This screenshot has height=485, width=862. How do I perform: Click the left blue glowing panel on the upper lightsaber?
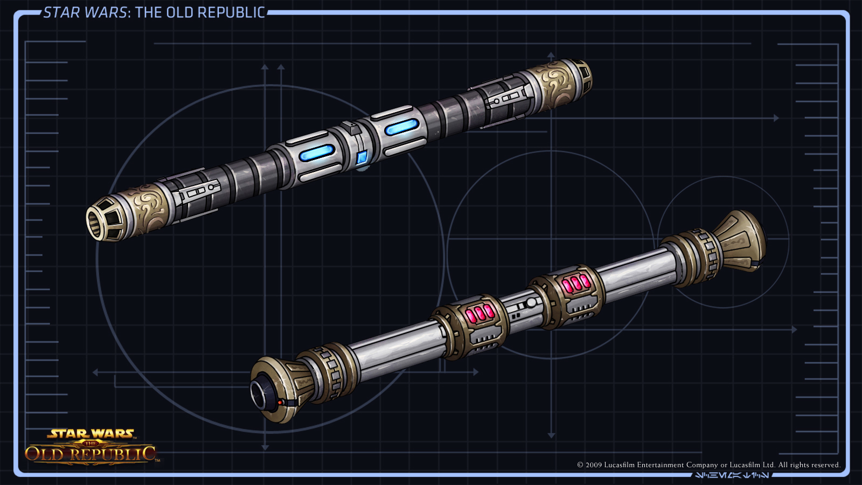click(317, 153)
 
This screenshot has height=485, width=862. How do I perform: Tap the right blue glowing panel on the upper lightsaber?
click(401, 127)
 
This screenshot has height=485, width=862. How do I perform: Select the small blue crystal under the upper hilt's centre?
click(362, 158)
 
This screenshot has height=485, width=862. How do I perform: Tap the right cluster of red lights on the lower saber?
click(575, 283)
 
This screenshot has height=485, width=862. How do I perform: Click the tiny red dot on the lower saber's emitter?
click(280, 402)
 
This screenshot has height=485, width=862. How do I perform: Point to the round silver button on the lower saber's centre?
click(531, 302)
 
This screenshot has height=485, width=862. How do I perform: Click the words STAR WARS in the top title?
click(85, 12)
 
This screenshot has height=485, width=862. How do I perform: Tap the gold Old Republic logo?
click(91, 447)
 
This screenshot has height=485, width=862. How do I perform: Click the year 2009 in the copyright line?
click(593, 465)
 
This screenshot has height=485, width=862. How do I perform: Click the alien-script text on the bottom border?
click(732, 475)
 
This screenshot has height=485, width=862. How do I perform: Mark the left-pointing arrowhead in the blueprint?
click(95, 372)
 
